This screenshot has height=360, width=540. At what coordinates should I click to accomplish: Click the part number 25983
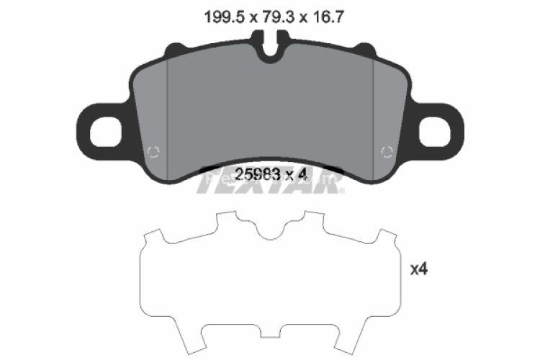[256, 174]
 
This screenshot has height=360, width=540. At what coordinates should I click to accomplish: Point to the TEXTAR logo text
[270, 185]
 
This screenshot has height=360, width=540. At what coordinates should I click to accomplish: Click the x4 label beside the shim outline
[419, 269]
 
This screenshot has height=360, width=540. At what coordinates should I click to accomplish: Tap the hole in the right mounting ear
[436, 130]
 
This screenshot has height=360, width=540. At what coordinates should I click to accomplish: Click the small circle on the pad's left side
[152, 151]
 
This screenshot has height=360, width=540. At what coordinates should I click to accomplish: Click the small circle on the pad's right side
[386, 151]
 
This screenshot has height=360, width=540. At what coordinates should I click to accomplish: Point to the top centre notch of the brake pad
[270, 50]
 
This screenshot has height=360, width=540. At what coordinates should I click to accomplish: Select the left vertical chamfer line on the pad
[167, 115]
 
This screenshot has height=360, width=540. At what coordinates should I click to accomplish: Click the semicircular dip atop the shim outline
[270, 230]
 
